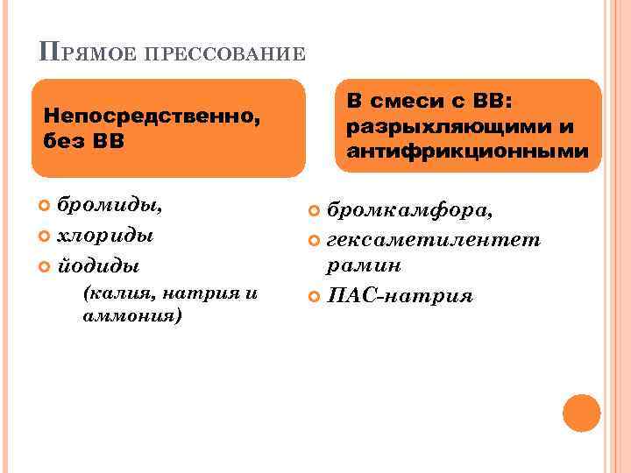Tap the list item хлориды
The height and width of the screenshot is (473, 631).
pyautogui.click(x=105, y=236)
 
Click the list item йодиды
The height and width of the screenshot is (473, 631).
pyautogui.click(x=98, y=265)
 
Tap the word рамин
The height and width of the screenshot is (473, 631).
pyautogui.click(x=364, y=266)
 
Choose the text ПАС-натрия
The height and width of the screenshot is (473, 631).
pyautogui.click(x=400, y=295)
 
